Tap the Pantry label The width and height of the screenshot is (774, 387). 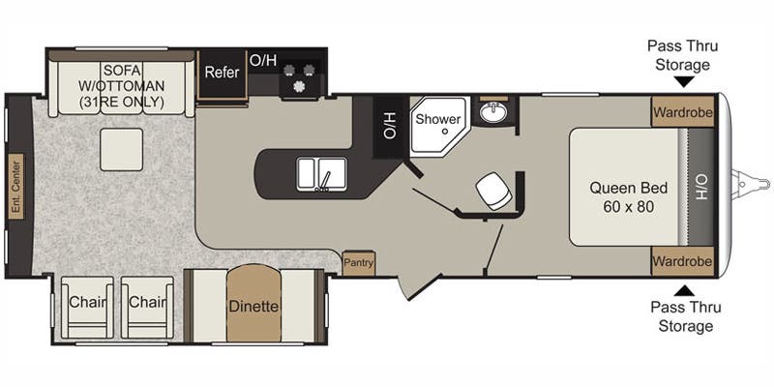(358, 262)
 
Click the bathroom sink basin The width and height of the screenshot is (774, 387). (494, 113)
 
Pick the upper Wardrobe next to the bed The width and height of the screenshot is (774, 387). (681, 111)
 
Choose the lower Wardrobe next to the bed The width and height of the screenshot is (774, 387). (681, 261)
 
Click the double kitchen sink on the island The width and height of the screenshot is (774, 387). (319, 175)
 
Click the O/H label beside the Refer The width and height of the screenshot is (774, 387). (263, 60)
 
